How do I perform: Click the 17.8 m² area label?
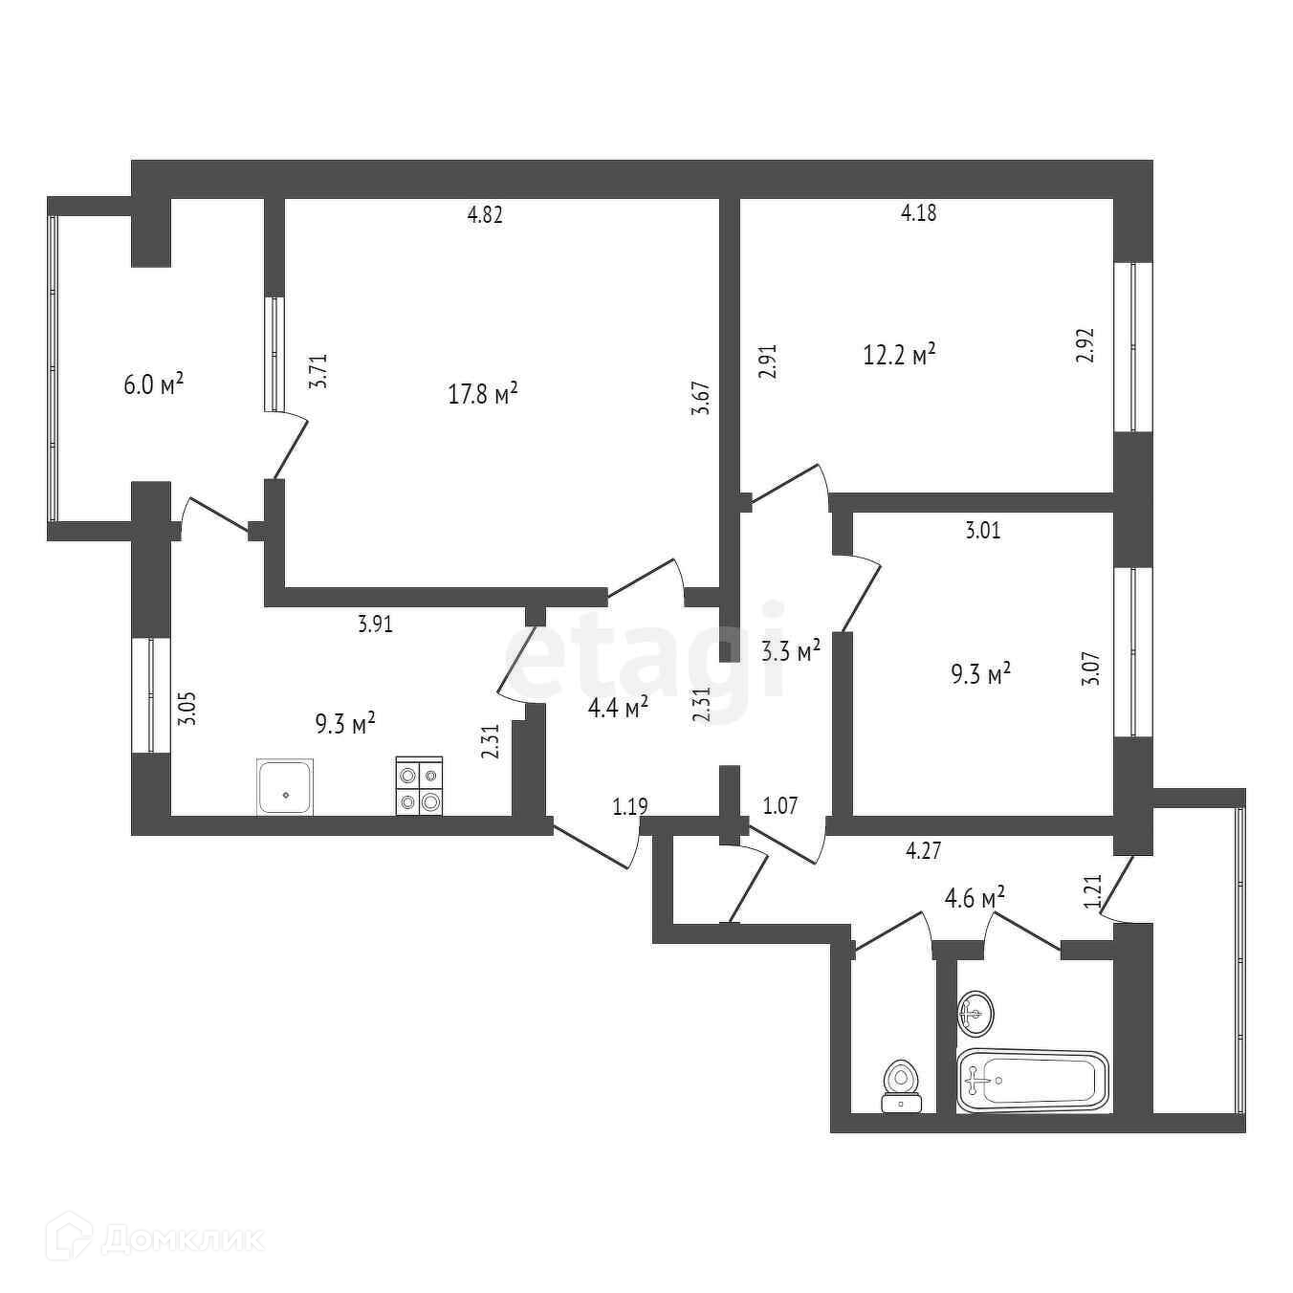483,393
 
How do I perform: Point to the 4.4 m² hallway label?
617,707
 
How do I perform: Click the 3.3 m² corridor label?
791,652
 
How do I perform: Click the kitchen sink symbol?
285,787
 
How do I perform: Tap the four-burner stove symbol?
420,786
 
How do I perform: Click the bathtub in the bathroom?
1033,1082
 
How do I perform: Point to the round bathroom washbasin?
975,1013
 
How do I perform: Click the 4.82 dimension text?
485,214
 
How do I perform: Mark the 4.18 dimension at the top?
919,212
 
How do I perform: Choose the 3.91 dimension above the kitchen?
376,625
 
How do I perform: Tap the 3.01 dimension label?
983,531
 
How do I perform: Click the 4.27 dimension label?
924,850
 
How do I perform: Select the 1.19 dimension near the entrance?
630,806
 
